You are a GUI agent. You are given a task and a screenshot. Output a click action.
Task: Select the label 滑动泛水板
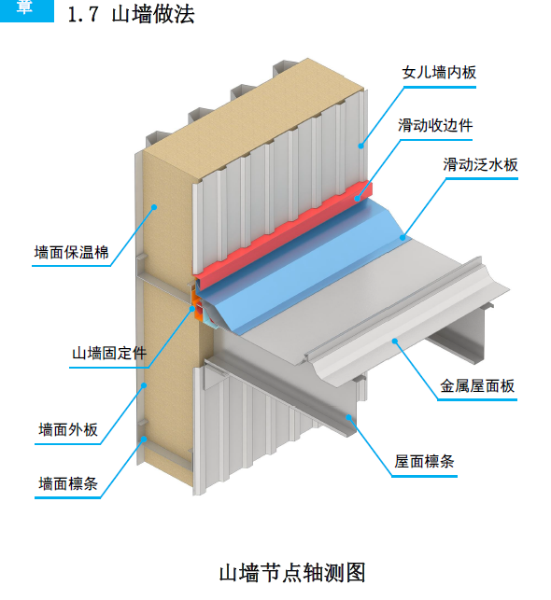480,165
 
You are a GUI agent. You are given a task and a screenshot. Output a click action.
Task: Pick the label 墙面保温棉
71,252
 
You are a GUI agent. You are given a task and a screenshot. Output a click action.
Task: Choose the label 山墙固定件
109,353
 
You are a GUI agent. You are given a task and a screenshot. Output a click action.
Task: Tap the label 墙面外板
68,430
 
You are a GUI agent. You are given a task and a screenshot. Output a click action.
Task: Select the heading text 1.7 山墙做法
131,16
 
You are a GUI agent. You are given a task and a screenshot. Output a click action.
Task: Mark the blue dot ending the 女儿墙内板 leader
360,145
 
